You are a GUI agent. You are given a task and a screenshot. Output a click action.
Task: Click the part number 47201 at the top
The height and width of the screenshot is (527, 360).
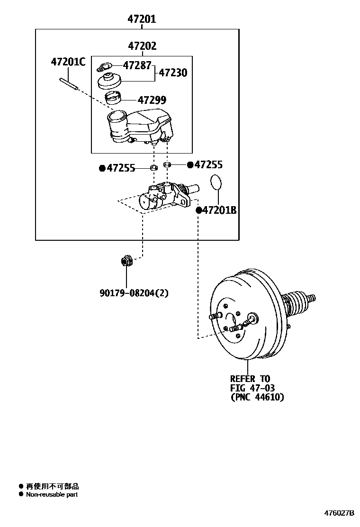142,19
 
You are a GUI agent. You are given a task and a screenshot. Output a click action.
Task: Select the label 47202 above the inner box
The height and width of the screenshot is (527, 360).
142,46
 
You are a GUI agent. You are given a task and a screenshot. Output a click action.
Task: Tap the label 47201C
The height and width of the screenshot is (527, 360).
68,62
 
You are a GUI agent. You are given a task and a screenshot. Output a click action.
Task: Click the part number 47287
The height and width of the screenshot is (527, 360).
137,65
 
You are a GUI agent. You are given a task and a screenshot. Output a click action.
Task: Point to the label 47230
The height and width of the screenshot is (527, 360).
172,73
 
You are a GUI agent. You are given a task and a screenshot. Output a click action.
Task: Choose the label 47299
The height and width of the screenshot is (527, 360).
152,100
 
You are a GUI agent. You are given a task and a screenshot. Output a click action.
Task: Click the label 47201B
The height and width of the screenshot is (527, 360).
219,210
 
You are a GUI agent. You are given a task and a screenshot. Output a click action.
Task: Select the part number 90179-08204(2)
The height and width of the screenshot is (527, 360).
134,293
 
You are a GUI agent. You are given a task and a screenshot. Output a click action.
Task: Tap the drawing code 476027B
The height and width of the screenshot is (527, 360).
339,513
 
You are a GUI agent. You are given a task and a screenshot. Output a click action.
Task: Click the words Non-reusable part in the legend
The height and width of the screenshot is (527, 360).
52,495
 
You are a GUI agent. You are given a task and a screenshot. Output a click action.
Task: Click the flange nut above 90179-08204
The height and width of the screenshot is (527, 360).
126,260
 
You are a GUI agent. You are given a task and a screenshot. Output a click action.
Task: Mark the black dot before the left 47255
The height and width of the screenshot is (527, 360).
102,168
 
